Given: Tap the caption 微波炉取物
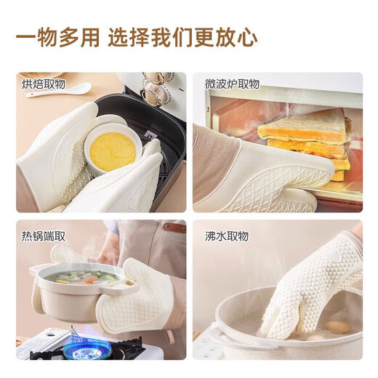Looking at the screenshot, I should [x=232, y=84].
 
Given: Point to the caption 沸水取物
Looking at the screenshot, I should [x=227, y=236].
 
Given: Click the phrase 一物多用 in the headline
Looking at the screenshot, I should [x=57, y=38].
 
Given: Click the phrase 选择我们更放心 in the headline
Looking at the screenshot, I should [x=182, y=38].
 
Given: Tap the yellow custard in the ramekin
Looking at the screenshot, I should [x=113, y=151].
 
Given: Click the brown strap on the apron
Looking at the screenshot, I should [x=173, y=228].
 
